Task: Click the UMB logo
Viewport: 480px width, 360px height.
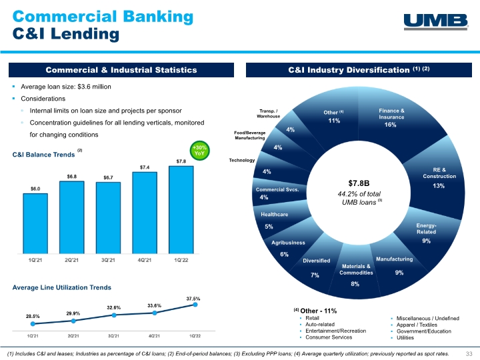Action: [x=436, y=22]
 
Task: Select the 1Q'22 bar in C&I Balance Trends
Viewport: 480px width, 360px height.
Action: [x=181, y=210]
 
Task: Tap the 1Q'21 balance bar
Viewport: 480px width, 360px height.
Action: [x=35, y=223]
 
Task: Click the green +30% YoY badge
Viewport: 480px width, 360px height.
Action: [x=199, y=151]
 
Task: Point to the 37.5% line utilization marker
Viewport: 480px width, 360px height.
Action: [x=195, y=305]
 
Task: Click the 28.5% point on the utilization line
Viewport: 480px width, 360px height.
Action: [x=33, y=323]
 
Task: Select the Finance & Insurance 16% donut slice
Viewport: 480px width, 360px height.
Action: [x=395, y=123]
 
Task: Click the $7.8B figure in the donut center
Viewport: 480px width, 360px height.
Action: [x=359, y=183]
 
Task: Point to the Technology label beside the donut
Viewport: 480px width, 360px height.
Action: [x=242, y=160]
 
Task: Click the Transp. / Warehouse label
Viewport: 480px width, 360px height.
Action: [x=269, y=113]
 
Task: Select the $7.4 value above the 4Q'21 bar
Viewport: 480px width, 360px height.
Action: [x=145, y=167]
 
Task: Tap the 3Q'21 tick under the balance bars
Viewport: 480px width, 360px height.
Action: [x=108, y=260]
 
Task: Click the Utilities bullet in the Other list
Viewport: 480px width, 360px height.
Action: [x=405, y=337]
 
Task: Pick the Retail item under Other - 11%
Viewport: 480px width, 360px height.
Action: [x=312, y=318]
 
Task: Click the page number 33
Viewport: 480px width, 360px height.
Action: [x=469, y=353]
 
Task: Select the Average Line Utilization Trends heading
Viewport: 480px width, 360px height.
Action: [x=61, y=287]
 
